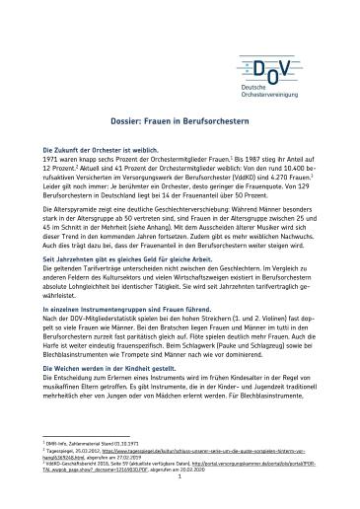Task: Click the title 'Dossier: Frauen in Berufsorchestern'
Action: click(180, 116)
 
